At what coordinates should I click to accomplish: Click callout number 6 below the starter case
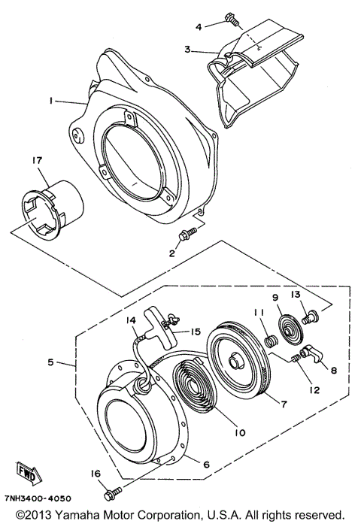click(205, 464)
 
